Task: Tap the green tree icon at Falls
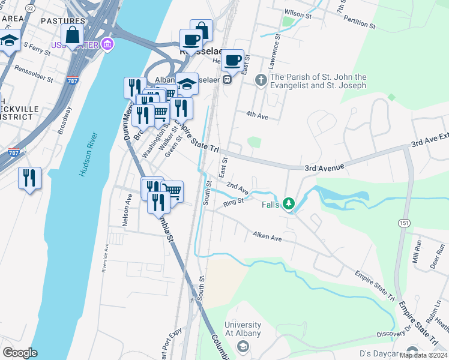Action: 289,205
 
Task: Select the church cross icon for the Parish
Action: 261,79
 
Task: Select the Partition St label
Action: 359,26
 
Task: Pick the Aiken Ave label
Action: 267,238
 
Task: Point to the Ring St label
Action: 233,202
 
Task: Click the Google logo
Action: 20,352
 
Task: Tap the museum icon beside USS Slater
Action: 107,44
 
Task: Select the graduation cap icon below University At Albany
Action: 243,346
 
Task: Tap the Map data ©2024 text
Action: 423,355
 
